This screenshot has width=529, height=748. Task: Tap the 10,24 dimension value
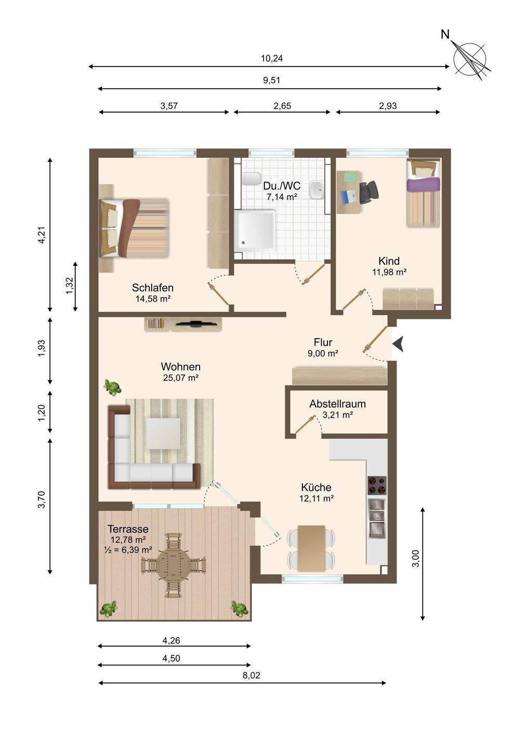(271, 58)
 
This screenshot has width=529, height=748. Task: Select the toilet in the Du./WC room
(252, 179)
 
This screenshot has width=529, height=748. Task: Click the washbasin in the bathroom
(316, 190)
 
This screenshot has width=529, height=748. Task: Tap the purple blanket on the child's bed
(423, 184)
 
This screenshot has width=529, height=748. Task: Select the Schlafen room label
(153, 288)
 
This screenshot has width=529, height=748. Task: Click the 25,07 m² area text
(181, 378)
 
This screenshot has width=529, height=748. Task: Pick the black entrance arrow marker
(399, 344)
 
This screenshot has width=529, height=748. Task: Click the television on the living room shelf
(195, 323)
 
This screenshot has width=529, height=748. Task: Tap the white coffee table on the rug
(164, 434)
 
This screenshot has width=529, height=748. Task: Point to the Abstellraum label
(337, 404)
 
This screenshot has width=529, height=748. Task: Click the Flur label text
(323, 342)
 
